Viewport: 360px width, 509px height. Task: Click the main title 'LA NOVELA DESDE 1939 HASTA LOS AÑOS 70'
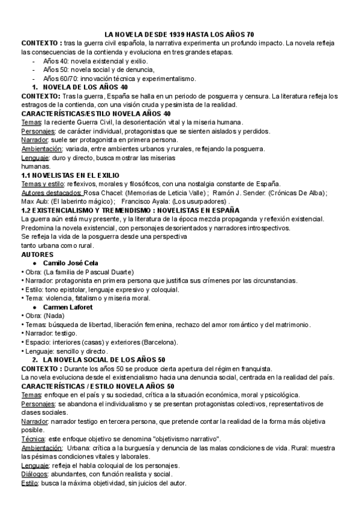[179, 35]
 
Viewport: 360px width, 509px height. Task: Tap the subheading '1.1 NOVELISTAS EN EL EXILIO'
[70, 175]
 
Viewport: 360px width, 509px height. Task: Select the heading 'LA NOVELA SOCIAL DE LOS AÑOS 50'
[107, 360]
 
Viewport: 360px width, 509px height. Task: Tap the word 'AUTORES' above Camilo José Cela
[37, 254]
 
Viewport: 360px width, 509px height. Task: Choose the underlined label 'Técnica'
[32, 439]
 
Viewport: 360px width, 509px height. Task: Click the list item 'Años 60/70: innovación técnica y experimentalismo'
[120, 78]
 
